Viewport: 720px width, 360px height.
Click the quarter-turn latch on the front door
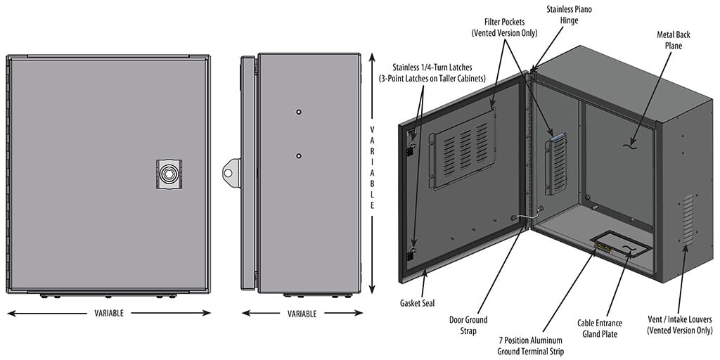(x=169, y=172)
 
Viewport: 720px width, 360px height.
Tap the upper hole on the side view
(x=299, y=112)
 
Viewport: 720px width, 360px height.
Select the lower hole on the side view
(x=299, y=155)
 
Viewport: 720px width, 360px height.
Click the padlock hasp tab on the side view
(x=231, y=171)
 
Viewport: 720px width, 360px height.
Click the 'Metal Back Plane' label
(x=669, y=39)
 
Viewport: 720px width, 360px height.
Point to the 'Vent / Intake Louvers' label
(x=679, y=325)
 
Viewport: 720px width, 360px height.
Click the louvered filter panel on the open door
(x=462, y=147)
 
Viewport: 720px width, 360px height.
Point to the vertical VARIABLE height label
(x=372, y=168)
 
